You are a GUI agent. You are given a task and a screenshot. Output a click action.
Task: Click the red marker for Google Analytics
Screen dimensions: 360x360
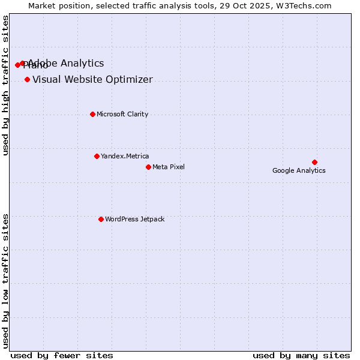314,162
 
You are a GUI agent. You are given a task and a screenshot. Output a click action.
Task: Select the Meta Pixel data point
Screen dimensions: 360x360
148,167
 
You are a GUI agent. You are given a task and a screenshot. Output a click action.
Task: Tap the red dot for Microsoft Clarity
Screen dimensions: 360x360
92,114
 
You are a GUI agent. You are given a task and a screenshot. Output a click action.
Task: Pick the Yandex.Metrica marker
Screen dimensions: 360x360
97,156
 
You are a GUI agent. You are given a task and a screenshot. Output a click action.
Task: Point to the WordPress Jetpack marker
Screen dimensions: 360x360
101,219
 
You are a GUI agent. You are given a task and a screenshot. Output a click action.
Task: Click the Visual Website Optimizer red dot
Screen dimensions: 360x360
27,79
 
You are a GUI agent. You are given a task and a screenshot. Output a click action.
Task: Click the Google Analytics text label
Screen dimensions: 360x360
299,170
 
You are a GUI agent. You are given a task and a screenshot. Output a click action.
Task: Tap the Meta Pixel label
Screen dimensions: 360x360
169,167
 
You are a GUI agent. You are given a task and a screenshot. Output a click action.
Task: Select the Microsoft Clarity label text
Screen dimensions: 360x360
122,114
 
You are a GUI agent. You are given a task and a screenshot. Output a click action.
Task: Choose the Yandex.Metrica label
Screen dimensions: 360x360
125,156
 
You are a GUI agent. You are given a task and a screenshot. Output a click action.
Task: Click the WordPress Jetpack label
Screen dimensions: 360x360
134,219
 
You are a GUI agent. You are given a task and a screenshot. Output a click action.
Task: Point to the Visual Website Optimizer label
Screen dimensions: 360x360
92,79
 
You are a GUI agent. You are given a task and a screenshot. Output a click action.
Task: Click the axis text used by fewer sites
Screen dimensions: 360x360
62,355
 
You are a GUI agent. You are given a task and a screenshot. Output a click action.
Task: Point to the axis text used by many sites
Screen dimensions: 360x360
301,355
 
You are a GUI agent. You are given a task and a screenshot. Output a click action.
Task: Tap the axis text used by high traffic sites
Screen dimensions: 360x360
6,85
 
